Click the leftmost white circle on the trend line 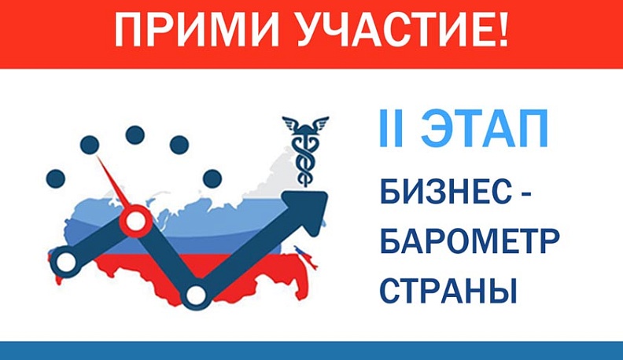point(65,260)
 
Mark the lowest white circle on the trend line point(195,295)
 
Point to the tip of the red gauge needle point(98,157)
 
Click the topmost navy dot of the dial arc point(135,133)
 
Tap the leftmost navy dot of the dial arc point(55,178)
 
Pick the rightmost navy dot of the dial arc point(212,178)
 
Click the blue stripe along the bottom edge point(311,351)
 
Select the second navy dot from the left point(90,145)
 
